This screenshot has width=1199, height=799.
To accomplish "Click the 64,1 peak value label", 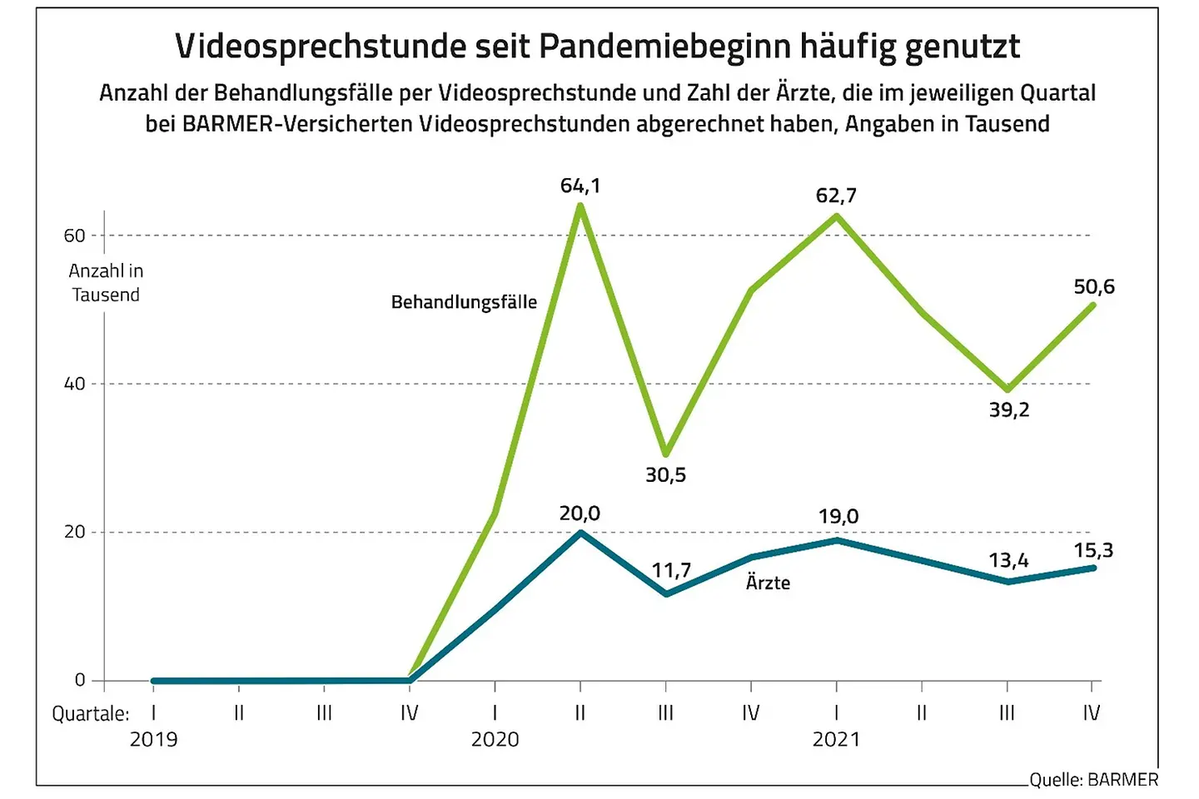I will click(580, 186).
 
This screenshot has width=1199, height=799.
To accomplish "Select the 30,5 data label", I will click(665, 475).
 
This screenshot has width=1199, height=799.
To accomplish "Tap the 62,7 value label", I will click(836, 196).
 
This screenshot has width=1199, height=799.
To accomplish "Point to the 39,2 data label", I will click(1008, 409).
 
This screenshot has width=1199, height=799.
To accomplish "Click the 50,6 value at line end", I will click(1093, 287).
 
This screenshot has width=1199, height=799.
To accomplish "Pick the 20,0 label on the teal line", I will click(580, 514).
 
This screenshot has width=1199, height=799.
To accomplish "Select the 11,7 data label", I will click(671, 570).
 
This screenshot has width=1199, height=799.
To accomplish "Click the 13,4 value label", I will click(1008, 560).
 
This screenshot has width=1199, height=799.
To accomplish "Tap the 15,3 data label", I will click(1093, 550).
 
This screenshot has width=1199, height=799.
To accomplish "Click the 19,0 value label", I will click(838, 516).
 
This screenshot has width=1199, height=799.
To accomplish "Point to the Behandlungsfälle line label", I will click(464, 302).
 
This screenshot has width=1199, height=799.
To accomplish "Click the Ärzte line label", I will click(768, 583).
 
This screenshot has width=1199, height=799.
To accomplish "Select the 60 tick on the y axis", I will click(75, 236).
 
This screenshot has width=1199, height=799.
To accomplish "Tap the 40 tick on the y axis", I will click(75, 384).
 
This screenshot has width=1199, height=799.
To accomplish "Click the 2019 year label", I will click(153, 739).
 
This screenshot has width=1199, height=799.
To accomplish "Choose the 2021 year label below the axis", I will click(836, 739).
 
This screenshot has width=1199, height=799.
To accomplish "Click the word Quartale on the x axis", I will click(90, 714).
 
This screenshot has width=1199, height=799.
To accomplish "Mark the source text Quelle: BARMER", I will click(1093, 780).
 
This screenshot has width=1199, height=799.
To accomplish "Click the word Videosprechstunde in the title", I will click(321, 47).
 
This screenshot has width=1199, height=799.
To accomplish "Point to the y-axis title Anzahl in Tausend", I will click(106, 283).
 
